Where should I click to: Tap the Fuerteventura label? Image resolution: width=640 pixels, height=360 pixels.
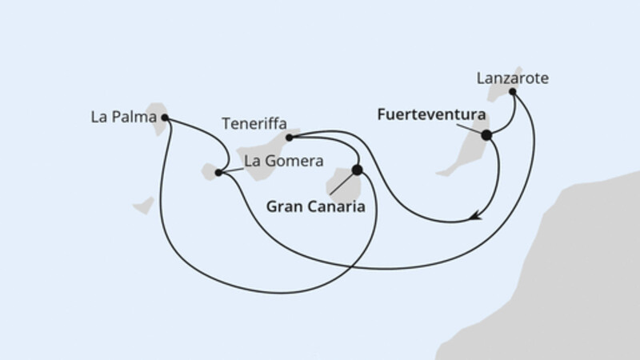point(431,115)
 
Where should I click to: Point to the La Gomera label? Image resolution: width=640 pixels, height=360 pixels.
point(283,161)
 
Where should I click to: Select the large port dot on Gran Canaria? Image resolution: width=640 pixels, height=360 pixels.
point(357,170)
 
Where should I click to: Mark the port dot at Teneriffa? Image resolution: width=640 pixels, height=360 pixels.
point(289,138)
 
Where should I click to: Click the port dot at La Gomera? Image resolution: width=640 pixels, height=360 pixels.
point(218,172)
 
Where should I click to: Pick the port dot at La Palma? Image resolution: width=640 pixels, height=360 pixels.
point(165,118)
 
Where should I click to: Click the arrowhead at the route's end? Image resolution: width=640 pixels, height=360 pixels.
point(477,214)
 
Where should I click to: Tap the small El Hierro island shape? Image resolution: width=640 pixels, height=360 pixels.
point(143,206)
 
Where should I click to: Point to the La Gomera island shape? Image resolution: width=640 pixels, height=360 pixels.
point(211,170)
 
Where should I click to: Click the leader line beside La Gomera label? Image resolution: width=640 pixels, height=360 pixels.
point(231,167)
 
